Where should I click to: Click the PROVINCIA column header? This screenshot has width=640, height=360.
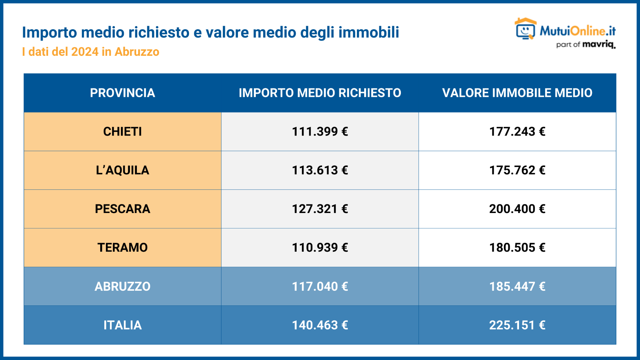(x=122, y=93)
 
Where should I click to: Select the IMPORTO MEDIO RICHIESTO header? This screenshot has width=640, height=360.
(x=320, y=93)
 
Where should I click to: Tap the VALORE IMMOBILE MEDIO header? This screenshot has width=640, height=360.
(x=517, y=93)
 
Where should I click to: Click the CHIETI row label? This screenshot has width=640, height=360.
(x=122, y=132)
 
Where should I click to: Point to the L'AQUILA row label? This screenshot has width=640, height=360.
(x=122, y=170)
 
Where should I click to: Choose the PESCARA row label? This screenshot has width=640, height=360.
(x=122, y=209)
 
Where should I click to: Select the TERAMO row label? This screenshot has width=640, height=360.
(x=122, y=248)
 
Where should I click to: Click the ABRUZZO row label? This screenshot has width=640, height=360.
(x=122, y=286)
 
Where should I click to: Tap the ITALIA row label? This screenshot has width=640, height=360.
(x=122, y=325)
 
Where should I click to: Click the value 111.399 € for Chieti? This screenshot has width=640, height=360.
(x=320, y=132)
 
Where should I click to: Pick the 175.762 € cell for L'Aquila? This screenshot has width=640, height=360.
(x=517, y=170)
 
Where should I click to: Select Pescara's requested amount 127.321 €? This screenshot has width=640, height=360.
(x=320, y=209)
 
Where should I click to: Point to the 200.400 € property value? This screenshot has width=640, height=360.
(x=517, y=209)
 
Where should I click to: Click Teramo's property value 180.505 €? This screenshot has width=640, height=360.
(x=517, y=248)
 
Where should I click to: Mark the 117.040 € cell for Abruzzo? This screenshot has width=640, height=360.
(x=320, y=286)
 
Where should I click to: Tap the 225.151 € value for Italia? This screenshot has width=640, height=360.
(x=517, y=325)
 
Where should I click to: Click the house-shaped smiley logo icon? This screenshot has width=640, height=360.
(x=526, y=29)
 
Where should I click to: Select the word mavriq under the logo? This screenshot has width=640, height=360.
(x=598, y=44)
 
